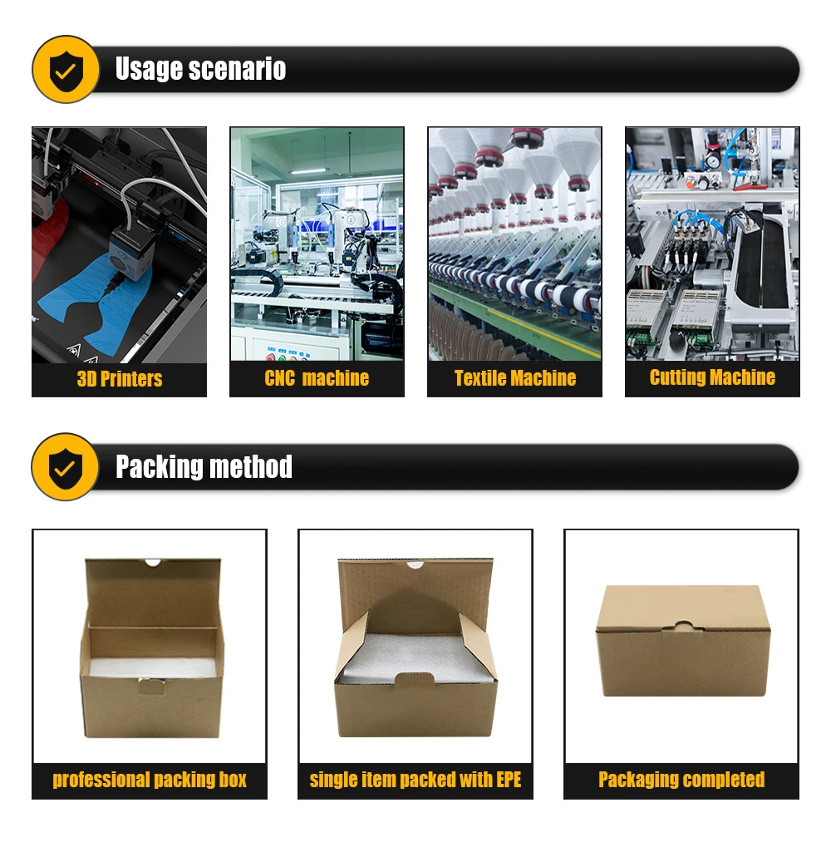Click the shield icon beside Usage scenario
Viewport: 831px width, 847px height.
click(x=66, y=70)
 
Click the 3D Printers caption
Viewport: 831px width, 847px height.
click(x=120, y=379)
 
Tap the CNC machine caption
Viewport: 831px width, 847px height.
click(x=317, y=378)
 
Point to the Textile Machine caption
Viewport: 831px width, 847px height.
click(x=515, y=378)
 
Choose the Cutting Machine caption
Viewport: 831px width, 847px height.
click(x=712, y=377)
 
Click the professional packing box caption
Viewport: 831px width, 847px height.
click(x=150, y=780)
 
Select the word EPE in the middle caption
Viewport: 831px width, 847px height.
click(x=509, y=780)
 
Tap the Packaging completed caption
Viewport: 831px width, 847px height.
click(x=681, y=780)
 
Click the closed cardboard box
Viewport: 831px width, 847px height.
click(x=683, y=641)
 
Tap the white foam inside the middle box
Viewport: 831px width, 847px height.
click(x=415, y=657)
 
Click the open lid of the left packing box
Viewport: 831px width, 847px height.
click(x=154, y=593)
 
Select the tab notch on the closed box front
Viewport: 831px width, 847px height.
click(x=682, y=628)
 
